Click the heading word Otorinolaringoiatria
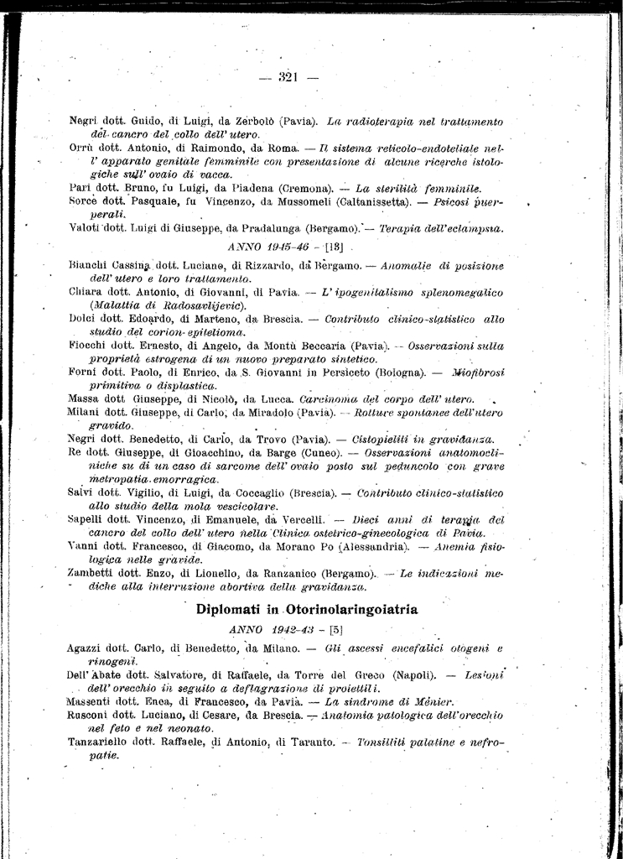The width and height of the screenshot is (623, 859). click(x=352, y=610)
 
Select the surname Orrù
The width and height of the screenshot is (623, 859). click(x=82, y=148)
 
